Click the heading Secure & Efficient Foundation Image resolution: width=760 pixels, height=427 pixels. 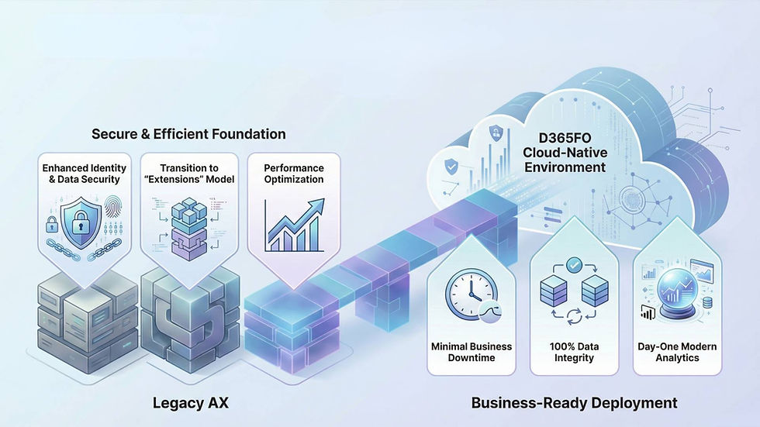point(188,134)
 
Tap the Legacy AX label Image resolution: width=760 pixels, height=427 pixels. point(191,403)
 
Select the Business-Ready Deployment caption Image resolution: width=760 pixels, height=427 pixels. point(575,403)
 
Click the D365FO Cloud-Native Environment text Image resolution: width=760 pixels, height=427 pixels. point(565,153)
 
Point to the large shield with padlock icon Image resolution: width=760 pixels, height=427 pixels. point(81,222)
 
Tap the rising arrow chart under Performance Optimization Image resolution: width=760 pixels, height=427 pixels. point(294,225)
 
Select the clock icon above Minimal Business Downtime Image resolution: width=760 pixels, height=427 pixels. point(472,294)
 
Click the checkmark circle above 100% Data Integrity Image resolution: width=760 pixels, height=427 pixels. point(574,265)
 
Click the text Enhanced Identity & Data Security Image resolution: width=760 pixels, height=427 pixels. point(85,174)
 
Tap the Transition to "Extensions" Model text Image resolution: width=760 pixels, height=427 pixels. point(189,174)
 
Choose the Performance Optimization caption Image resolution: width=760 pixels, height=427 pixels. point(294,174)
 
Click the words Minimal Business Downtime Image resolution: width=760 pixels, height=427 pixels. point(472,352)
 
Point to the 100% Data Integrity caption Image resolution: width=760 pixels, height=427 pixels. point(574,352)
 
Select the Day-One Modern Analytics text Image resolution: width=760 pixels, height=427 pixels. point(677,352)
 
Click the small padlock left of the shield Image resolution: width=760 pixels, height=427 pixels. point(52,224)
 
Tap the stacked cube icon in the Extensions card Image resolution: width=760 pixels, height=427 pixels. point(189,229)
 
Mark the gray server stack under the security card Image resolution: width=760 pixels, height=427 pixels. point(86,322)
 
